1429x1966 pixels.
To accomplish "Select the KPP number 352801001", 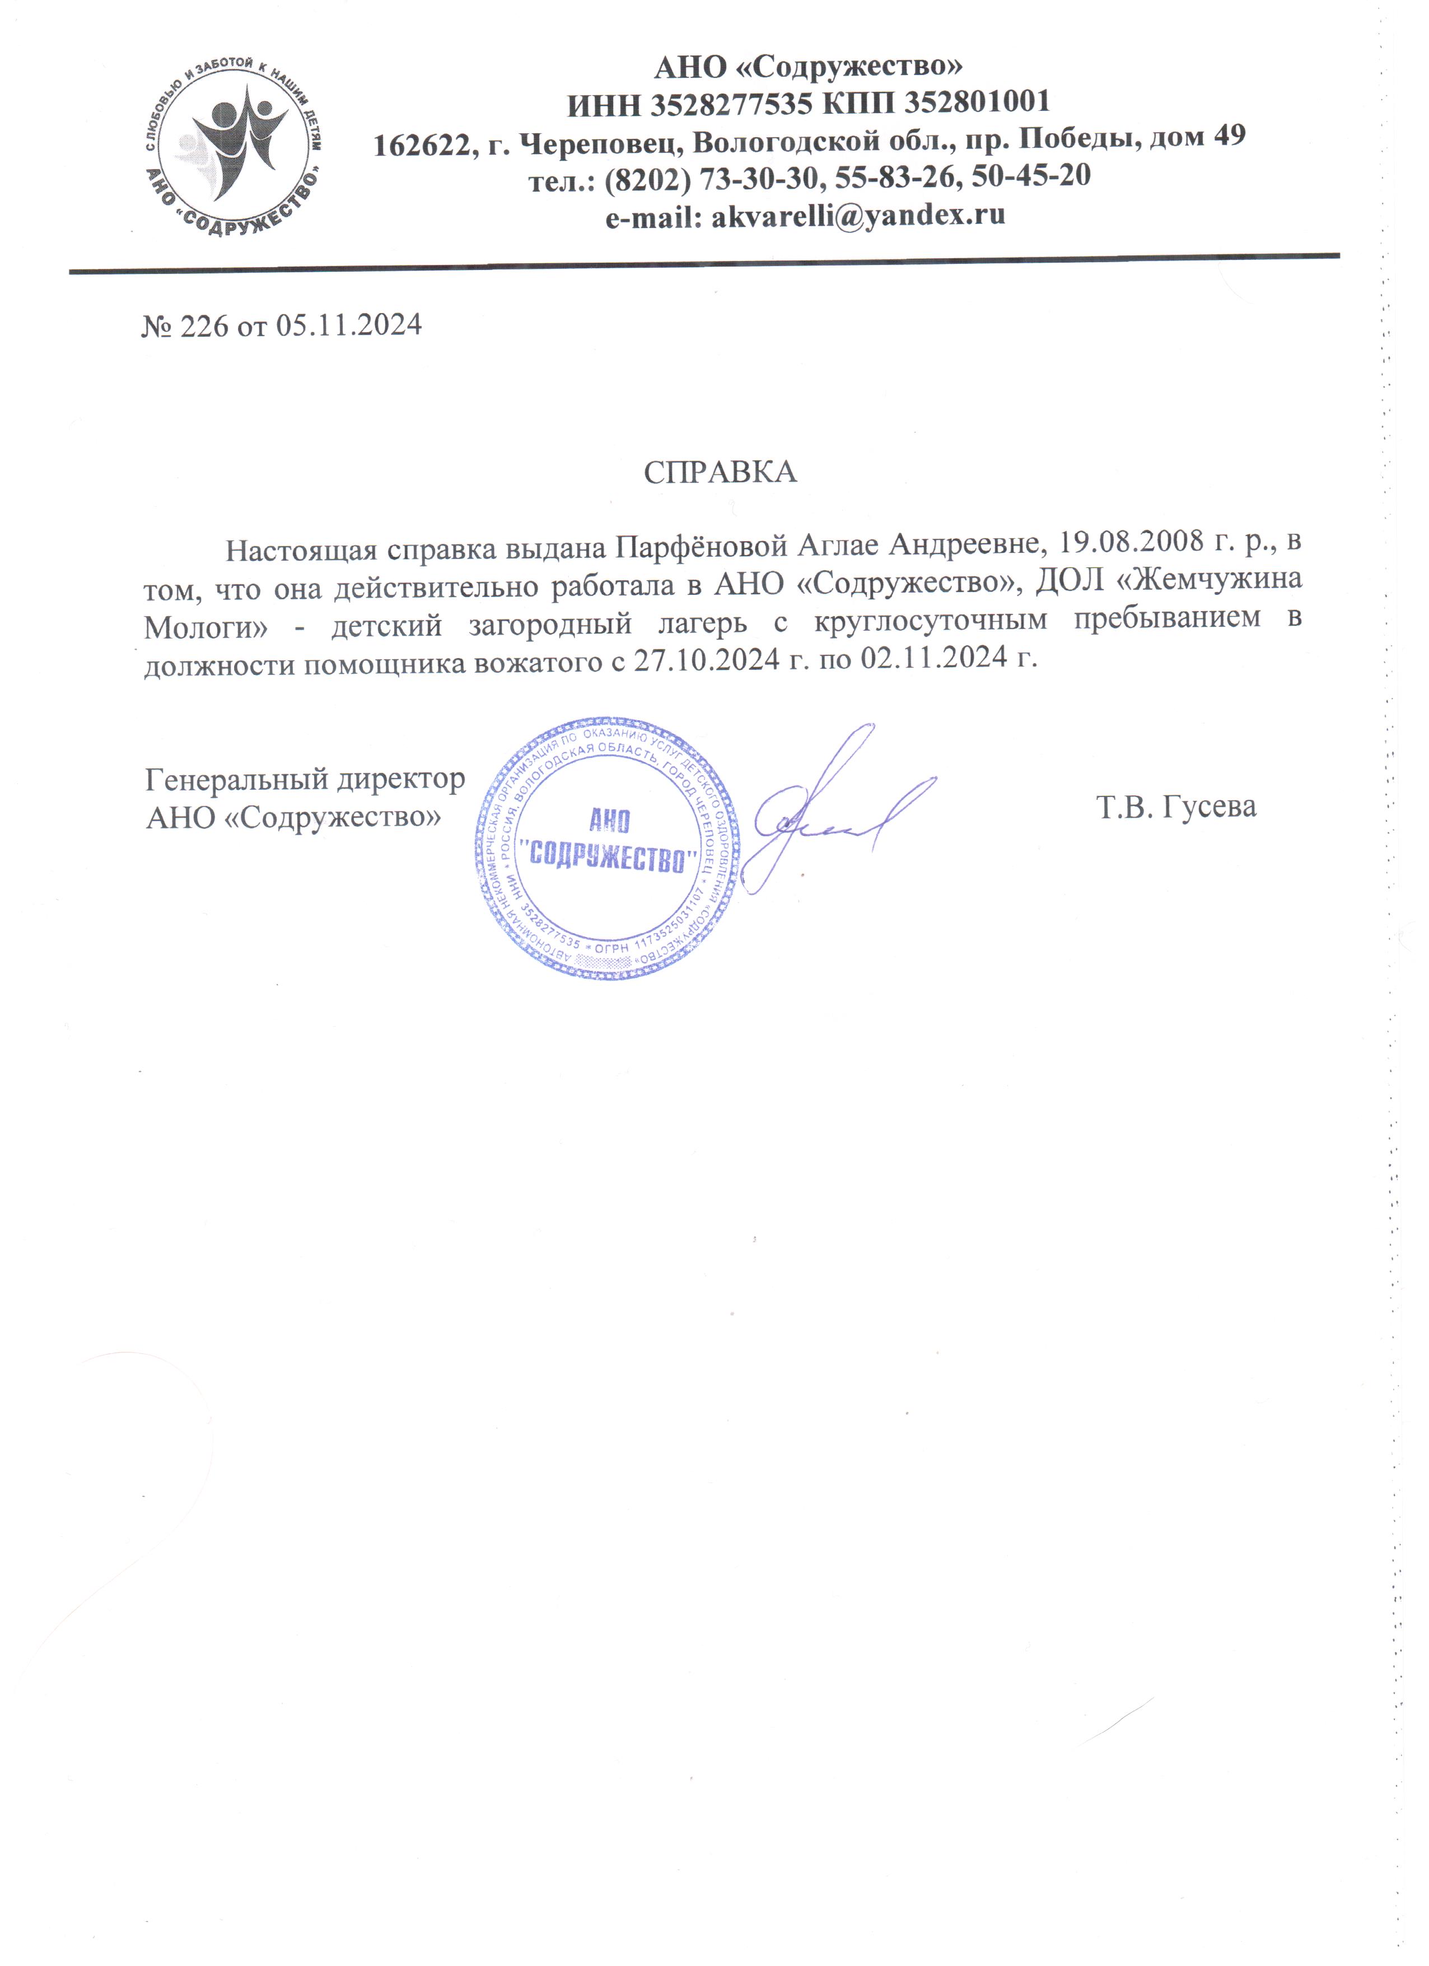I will [x=978, y=103].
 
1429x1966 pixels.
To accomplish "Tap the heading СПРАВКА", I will [x=720, y=472].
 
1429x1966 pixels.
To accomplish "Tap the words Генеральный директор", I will [x=305, y=779].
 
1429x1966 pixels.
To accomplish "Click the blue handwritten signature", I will [x=832, y=810].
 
